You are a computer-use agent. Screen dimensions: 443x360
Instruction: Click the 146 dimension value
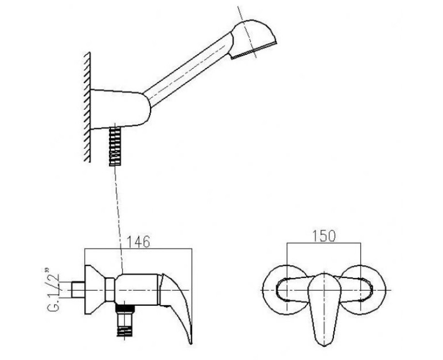click(x=138, y=241)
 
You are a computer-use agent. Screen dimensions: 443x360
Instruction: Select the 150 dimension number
click(x=324, y=236)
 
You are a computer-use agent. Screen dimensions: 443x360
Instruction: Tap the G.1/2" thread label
click(x=54, y=289)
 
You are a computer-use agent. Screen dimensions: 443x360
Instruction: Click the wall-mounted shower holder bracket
click(x=120, y=109)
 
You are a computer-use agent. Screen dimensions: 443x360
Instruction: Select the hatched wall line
click(x=87, y=107)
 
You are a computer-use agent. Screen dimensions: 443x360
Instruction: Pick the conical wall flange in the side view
click(x=95, y=290)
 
